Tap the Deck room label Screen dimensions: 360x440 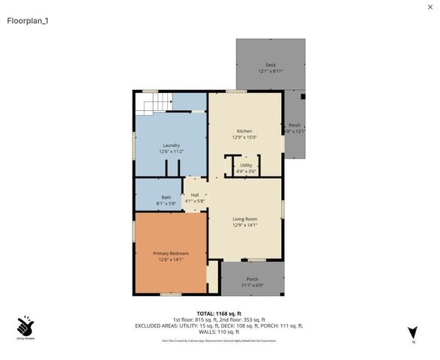point(271,65)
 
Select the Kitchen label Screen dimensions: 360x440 point(245,130)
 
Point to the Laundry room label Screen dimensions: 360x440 point(171,145)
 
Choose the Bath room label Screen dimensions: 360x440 point(166,197)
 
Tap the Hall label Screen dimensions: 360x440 point(194,195)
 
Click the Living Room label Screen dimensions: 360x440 point(246,218)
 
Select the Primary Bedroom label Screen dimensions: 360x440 point(171,253)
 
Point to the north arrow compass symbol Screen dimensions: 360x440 point(412,332)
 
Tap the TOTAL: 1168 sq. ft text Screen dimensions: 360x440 point(219,313)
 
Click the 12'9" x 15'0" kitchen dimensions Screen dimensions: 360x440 point(245,137)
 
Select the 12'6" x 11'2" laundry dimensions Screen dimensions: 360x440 point(171,151)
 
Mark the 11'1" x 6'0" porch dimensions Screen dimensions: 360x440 point(252,286)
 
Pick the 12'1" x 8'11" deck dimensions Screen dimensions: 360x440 point(271,72)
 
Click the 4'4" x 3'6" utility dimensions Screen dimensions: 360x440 point(246,172)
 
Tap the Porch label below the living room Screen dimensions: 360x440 point(252,279)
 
